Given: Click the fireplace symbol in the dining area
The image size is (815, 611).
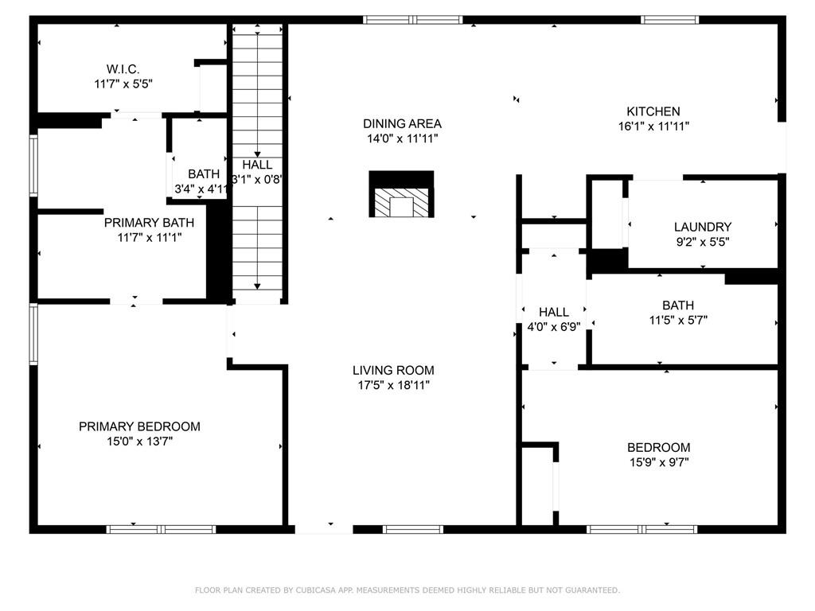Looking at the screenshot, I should click(402, 195).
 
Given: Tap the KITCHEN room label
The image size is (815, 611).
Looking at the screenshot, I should click(653, 111).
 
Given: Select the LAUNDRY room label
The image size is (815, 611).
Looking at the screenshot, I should click(702, 227).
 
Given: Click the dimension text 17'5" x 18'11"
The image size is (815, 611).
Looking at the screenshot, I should click(393, 385).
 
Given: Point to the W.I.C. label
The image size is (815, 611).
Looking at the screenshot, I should click(123, 69).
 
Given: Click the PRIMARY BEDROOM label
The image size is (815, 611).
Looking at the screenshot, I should click(139, 426).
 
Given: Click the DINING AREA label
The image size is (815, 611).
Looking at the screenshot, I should click(402, 123).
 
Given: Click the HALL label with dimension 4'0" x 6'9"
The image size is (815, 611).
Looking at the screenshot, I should click(553, 312).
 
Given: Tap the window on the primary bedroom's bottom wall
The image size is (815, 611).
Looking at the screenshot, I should click(162, 529).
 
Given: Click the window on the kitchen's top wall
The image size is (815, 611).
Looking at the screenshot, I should click(670, 20).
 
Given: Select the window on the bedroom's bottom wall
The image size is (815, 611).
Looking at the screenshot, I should click(641, 529).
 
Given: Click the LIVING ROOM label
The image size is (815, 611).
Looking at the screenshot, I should click(393, 370).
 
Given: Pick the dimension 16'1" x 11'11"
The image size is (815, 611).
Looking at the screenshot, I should click(653, 126).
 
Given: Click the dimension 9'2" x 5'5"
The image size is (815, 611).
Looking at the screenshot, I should click(702, 241).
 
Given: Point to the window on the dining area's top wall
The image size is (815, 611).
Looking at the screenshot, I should click(413, 20).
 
